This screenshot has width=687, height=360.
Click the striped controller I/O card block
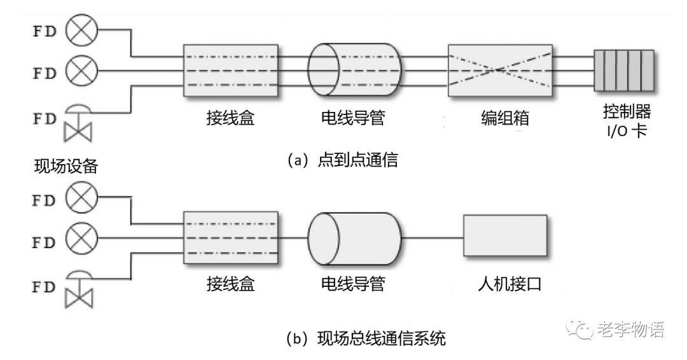[623, 71]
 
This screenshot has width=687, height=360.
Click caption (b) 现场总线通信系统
[366, 339]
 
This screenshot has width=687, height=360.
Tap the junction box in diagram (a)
[230, 71]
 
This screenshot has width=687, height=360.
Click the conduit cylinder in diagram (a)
[354, 71]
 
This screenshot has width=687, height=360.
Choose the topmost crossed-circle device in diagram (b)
[80, 198]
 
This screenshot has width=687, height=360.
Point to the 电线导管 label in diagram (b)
[353, 284]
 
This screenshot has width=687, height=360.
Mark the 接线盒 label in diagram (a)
[230, 119]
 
